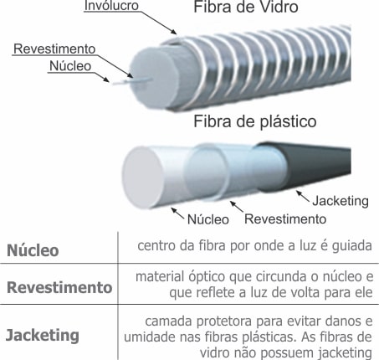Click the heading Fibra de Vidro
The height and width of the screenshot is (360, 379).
click(x=246, y=7)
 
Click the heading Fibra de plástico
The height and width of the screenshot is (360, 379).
click(x=255, y=122)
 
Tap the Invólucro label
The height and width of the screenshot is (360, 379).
click(x=111, y=6)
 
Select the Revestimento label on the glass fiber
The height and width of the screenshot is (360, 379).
click(x=54, y=49)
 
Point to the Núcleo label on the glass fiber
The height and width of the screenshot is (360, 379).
click(x=70, y=66)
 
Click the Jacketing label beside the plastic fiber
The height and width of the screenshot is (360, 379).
click(x=341, y=202)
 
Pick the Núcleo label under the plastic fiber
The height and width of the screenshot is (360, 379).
click(x=208, y=219)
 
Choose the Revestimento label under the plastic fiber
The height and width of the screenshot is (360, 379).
click(x=285, y=219)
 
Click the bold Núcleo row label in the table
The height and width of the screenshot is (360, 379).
click(x=33, y=250)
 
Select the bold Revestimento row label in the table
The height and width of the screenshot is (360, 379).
click(x=59, y=287)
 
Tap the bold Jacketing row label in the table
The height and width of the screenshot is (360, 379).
click(x=43, y=335)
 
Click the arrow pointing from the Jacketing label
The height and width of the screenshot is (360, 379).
click(x=302, y=197)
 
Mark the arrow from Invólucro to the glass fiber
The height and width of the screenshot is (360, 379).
click(x=157, y=23)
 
